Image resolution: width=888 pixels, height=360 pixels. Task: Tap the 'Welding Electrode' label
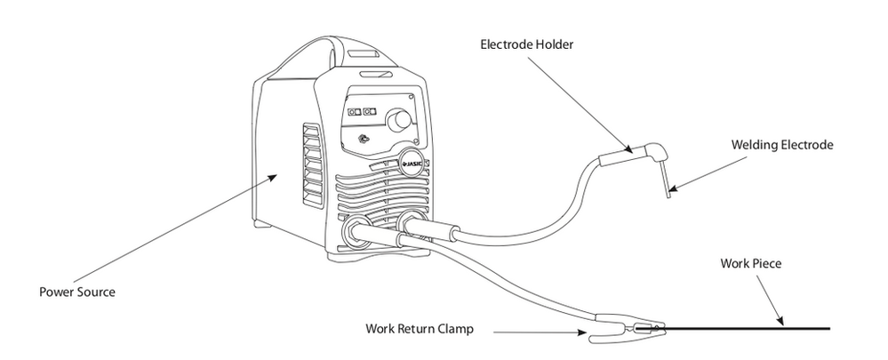[782, 144]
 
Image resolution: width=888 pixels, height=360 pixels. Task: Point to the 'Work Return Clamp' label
[420, 328]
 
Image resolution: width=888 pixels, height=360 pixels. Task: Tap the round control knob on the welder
[402, 120]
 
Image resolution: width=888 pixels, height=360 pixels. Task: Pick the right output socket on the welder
[412, 222]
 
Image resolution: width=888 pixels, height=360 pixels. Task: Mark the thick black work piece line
[756, 329]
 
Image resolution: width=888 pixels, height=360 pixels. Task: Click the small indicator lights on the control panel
[362, 112]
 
